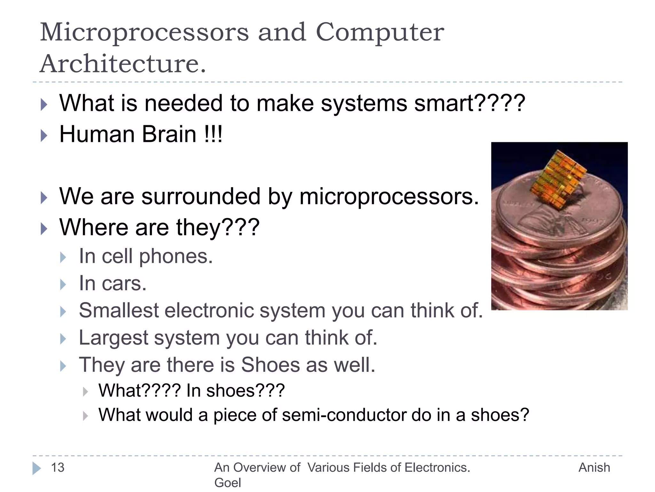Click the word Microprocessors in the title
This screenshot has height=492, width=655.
tap(144, 33)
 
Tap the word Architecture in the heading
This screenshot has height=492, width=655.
tap(123, 64)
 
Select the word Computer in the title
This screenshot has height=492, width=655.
tap(380, 33)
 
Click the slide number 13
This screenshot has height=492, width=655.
tap(58, 468)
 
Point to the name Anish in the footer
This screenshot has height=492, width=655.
tap(594, 468)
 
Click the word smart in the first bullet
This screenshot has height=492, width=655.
tap(443, 103)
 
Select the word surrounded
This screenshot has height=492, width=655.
tap(201, 196)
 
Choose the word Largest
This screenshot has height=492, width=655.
tap(114, 338)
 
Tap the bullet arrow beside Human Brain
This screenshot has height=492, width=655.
tap(44, 135)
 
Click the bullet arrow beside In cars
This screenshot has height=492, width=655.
tap(63, 284)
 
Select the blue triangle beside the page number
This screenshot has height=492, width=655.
tap(36, 468)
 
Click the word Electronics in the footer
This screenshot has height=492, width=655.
tap(437, 468)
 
